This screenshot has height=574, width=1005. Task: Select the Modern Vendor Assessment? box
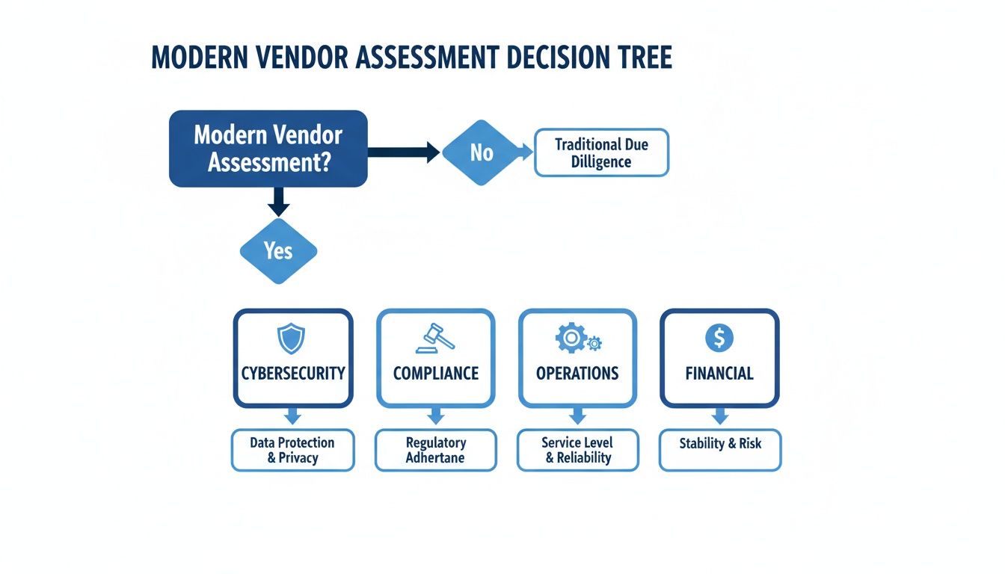[x=268, y=149]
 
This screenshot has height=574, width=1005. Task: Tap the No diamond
[x=482, y=152]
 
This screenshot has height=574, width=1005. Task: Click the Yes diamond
[x=278, y=250]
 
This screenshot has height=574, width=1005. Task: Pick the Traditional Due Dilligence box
[x=601, y=152]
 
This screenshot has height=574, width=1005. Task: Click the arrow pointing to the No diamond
[x=404, y=152]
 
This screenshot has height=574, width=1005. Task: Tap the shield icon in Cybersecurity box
[x=292, y=339]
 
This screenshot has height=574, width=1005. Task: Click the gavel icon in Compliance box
[x=434, y=339]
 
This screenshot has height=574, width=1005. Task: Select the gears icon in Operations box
[x=577, y=339]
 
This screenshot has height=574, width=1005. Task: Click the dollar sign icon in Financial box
[x=719, y=339]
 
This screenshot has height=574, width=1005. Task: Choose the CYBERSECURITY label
[x=292, y=373]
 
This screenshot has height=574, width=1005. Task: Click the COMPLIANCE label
[x=435, y=373]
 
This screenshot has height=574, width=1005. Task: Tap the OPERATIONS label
[x=577, y=373]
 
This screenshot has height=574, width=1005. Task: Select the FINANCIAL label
[x=719, y=373]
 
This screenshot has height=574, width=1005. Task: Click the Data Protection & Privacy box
[x=292, y=450]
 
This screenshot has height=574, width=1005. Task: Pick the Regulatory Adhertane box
[x=435, y=450]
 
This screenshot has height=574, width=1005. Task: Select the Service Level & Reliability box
[x=577, y=450]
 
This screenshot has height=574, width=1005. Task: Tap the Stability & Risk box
[x=719, y=450]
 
